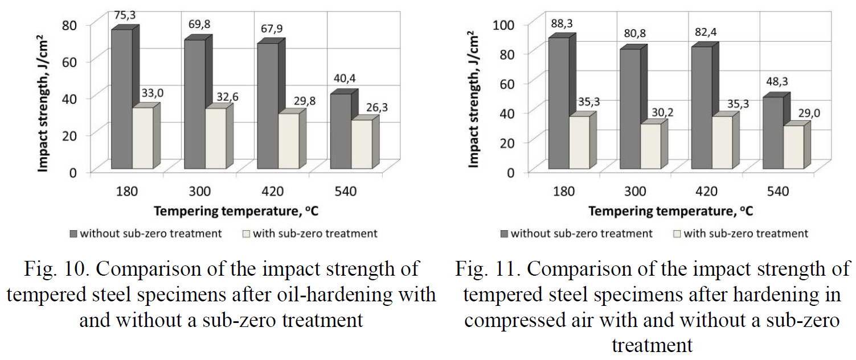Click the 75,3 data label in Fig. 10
coord(124,15)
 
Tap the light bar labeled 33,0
coord(142,138)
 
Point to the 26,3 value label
coord(376,107)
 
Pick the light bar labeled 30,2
coord(650,146)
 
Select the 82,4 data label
coord(706,32)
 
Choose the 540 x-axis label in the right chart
coord(778,191)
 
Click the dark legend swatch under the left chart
coord(73,234)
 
